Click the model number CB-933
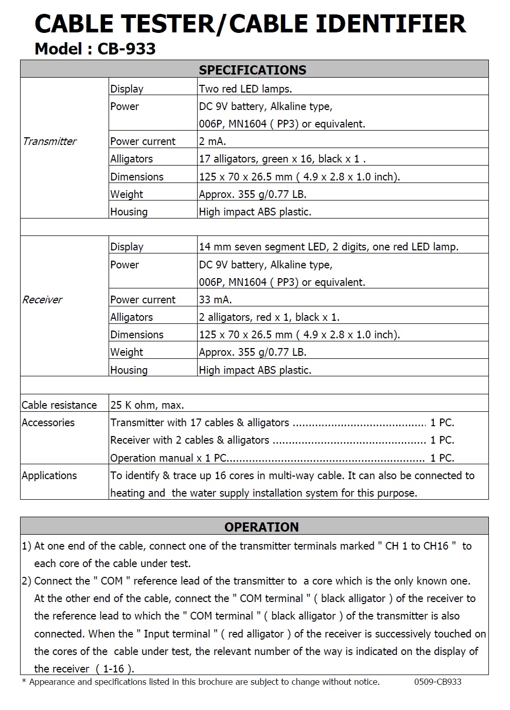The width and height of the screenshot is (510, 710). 126,49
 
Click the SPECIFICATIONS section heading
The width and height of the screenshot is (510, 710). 253,70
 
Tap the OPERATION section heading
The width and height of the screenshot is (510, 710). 261,527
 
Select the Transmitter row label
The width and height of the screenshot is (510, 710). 49,141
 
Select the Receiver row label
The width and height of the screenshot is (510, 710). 42,300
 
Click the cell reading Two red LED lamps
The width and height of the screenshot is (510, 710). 245,89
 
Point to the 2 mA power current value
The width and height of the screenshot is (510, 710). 213,141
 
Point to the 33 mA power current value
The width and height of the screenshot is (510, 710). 215,300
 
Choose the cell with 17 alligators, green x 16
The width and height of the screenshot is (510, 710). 282,159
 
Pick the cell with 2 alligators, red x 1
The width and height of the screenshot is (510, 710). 269,317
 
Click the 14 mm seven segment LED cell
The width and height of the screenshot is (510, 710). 328,247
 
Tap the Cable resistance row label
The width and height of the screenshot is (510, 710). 59,405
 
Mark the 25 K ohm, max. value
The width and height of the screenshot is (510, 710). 147,405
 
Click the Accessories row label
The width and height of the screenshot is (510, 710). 48,423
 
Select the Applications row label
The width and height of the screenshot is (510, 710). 49,476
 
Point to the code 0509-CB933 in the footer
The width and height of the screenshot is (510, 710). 437,682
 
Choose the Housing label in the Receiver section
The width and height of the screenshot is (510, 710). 129,370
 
